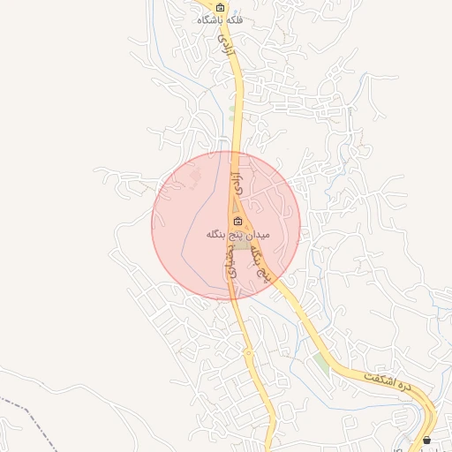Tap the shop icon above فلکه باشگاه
[x=221, y=6]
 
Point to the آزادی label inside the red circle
[x=236, y=185]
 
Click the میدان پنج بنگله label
[x=237, y=234]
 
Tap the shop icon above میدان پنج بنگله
[x=237, y=220]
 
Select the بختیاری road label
[x=231, y=261]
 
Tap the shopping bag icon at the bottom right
[x=427, y=440]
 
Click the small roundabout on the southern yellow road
[x=249, y=353]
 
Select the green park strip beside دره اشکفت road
[x=321, y=363]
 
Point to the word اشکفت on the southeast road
[x=378, y=379]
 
